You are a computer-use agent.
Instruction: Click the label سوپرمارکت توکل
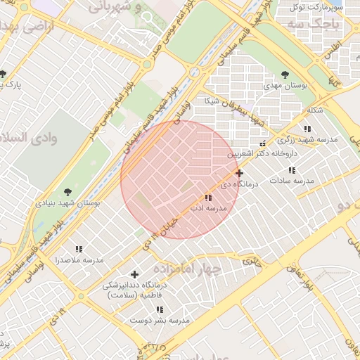click(319, 7)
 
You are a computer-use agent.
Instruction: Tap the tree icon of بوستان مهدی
click(285, 74)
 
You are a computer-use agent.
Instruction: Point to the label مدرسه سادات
click(296, 181)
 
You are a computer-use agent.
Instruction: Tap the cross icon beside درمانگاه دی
click(240, 172)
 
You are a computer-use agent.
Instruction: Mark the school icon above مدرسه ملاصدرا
click(79, 249)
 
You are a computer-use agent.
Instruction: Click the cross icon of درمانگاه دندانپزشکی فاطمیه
click(135, 274)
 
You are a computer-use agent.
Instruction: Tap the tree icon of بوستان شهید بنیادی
click(67, 191)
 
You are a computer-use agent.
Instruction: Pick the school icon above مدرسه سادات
click(291, 170)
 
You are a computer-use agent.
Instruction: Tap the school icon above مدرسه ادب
click(207, 198)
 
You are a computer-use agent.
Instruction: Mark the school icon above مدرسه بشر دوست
click(160, 309)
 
